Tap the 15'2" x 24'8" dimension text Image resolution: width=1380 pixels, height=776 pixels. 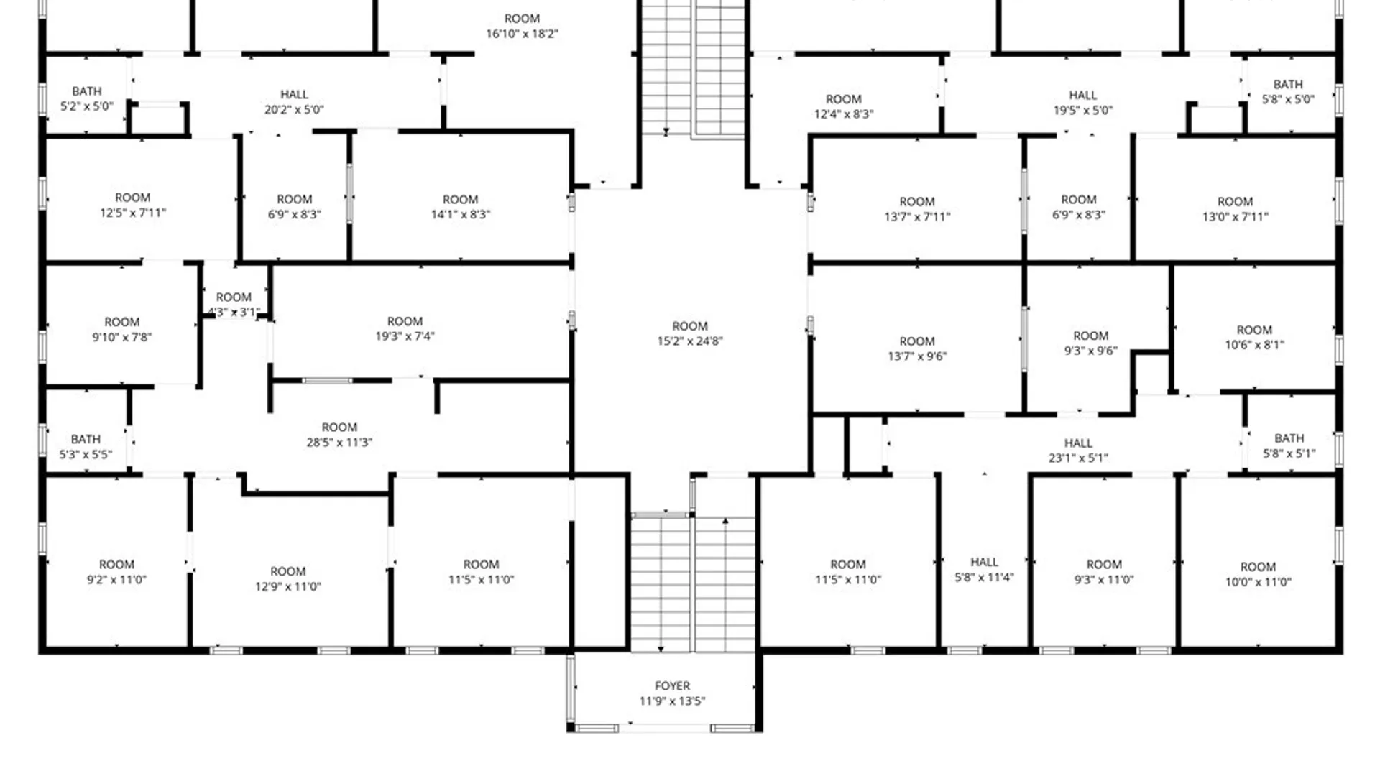(690, 341)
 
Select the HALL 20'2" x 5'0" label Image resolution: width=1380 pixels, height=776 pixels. (294, 102)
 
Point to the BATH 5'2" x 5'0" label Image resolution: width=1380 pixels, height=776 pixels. (86, 99)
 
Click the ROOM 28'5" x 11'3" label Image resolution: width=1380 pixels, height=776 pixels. (339, 435)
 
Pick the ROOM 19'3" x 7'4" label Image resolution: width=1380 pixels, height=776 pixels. (405, 328)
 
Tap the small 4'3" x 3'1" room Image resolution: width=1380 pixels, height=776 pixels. (234, 305)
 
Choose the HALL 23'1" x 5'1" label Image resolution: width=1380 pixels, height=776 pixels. (1078, 451)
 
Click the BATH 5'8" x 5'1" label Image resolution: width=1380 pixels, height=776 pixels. (1289, 445)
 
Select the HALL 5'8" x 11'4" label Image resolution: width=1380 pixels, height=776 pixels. (984, 569)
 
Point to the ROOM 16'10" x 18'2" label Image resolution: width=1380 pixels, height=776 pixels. (522, 26)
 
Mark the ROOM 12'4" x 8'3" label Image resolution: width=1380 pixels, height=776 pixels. (844, 106)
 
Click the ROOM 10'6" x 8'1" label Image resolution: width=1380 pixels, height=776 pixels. (1254, 337)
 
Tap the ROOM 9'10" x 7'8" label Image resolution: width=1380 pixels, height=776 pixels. (121, 329)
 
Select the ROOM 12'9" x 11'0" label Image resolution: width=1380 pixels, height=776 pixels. (287, 578)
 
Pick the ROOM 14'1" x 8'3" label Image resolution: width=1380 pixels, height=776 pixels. (460, 207)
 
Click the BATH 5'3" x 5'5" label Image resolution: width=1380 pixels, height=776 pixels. (86, 446)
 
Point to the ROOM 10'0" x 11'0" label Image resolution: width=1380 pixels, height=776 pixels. (1258, 574)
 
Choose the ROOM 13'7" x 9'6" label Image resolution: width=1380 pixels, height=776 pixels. (917, 348)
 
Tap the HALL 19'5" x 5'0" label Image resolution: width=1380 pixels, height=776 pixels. (1083, 103)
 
